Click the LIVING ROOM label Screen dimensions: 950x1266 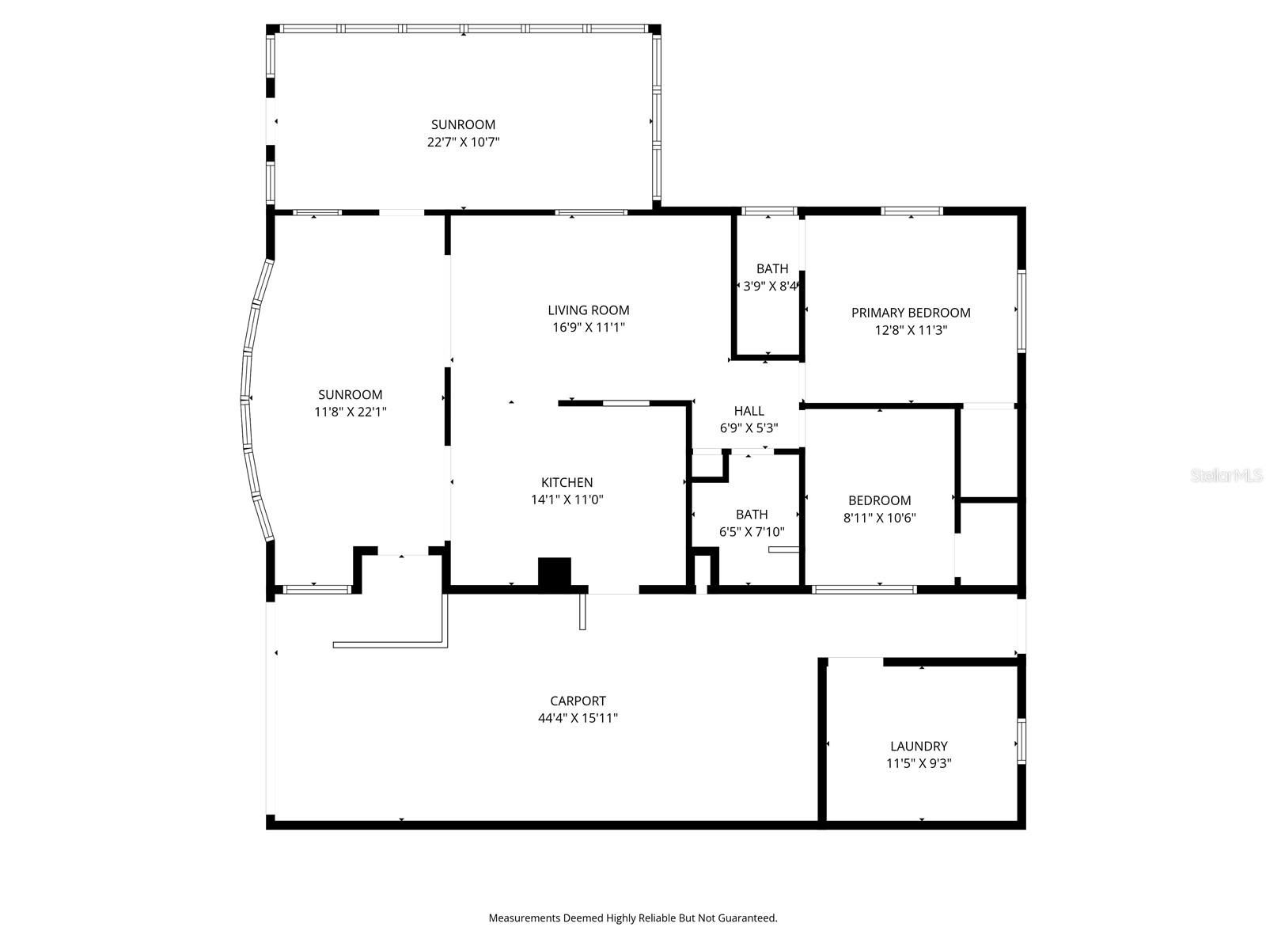[588, 310]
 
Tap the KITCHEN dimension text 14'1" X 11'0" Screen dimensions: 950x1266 [567, 500]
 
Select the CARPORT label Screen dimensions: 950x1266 [578, 701]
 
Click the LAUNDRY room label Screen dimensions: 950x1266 [918, 746]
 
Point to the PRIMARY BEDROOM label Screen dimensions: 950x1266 [910, 313]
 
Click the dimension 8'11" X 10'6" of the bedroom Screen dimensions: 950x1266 [879, 518]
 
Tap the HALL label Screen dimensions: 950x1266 [749, 411]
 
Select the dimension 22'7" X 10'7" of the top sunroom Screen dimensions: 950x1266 [463, 142]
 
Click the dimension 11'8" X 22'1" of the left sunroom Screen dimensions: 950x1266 [350, 412]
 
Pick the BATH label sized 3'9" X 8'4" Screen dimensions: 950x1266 [771, 269]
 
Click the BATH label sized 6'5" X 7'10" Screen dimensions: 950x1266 [751, 515]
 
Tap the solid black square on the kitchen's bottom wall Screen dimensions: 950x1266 [554, 572]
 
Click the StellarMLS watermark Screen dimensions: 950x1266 [1226, 476]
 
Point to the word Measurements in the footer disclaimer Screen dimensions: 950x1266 [524, 918]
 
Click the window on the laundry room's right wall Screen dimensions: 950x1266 [1021, 741]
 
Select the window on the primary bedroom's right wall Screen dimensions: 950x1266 [1021, 311]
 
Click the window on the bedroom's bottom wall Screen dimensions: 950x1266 [864, 589]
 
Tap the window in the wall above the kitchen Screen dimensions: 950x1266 [626, 403]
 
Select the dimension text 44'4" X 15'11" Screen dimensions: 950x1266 [578, 719]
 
